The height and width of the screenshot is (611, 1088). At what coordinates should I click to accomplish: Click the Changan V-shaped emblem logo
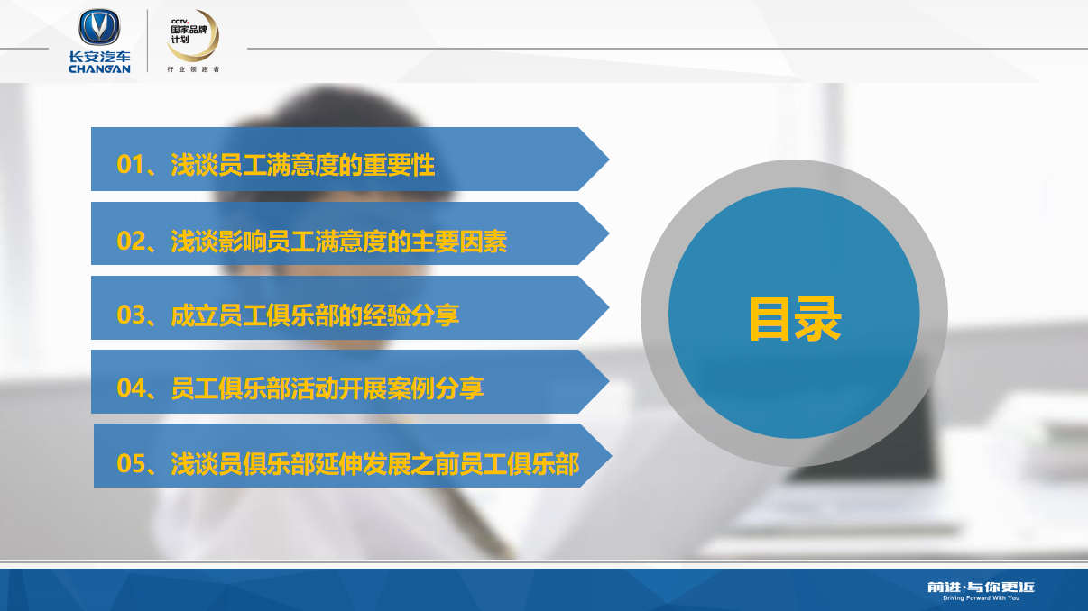(99, 27)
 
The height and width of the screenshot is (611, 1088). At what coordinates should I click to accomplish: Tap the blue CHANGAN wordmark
(99, 68)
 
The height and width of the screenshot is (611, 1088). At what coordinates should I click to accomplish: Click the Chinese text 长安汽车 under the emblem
(99, 57)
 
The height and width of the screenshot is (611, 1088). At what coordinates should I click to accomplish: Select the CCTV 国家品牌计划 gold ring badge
(193, 35)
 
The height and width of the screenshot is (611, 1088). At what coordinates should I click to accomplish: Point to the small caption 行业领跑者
(193, 69)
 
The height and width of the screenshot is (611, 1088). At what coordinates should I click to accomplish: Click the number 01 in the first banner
(131, 164)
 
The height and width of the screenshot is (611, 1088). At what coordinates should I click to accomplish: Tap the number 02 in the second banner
(131, 241)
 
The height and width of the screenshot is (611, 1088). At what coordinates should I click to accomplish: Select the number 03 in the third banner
(131, 315)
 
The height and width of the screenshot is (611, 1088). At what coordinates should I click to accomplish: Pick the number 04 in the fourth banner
(131, 388)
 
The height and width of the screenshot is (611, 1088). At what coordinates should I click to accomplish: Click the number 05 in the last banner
(131, 463)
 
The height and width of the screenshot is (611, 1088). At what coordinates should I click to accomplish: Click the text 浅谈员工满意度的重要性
(302, 165)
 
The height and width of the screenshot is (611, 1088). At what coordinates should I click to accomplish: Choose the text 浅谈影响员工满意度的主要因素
(338, 242)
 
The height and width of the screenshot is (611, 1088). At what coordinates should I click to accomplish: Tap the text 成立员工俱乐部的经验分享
(315, 315)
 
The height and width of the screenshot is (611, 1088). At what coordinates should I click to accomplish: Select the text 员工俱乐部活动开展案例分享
(327, 388)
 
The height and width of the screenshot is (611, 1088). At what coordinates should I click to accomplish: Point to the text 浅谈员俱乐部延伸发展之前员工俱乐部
(375, 464)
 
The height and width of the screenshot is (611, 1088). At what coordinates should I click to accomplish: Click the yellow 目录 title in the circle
(795, 319)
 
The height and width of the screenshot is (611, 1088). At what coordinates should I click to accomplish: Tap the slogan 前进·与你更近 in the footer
(981, 588)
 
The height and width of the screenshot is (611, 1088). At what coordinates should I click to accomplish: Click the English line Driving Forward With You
(982, 598)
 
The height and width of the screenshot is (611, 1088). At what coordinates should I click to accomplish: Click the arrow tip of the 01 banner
(609, 160)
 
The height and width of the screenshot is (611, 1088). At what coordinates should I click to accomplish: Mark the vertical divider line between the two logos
(148, 41)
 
